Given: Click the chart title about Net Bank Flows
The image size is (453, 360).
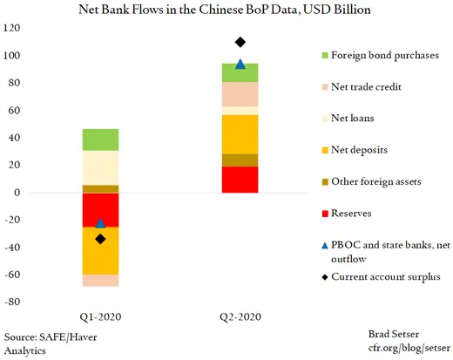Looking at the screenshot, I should click(x=226, y=10).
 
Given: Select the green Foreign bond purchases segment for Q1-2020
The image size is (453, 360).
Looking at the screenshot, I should click(x=101, y=139).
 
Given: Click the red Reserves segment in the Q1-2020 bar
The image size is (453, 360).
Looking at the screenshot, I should click(x=101, y=209).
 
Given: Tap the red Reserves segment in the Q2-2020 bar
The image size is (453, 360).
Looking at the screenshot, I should click(x=240, y=179).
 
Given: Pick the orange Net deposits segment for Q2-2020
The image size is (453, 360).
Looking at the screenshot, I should click(x=240, y=134).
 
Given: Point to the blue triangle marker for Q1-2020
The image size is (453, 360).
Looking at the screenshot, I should click(x=101, y=224).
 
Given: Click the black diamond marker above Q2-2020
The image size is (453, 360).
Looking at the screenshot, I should click(x=240, y=42).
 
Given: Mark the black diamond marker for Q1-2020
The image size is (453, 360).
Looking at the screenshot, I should click(x=101, y=239).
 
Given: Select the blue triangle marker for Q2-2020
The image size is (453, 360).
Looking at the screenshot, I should click(x=240, y=65).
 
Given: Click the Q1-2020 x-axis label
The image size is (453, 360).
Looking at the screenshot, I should click(x=101, y=316).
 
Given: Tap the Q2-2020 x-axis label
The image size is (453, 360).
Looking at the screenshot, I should click(x=240, y=316).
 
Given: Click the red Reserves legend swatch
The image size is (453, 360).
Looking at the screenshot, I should click(x=327, y=212).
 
